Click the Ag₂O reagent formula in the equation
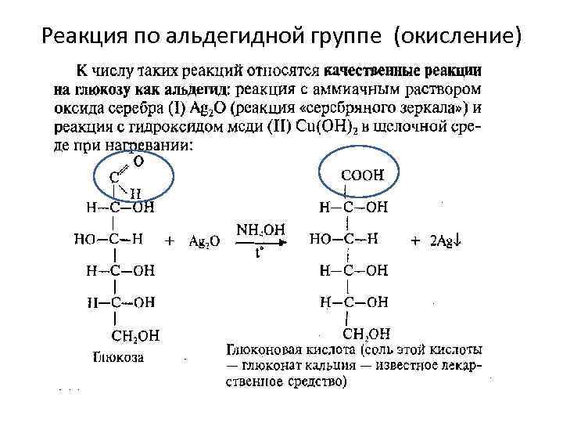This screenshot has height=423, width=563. pos(205,242)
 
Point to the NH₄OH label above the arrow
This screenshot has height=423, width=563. pos(260,230)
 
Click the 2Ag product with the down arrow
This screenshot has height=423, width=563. pos(450,241)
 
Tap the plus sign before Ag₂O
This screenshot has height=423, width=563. pos(170,242)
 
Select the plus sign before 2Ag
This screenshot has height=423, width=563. pos(415,241)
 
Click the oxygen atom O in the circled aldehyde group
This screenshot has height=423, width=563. pos(138,162)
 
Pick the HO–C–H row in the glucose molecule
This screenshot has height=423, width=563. pos(109,240)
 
